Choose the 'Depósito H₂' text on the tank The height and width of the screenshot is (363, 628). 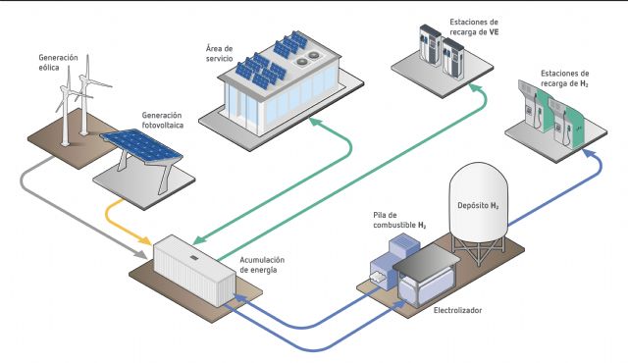point(481,207)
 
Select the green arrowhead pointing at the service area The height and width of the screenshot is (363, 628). point(316,124)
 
